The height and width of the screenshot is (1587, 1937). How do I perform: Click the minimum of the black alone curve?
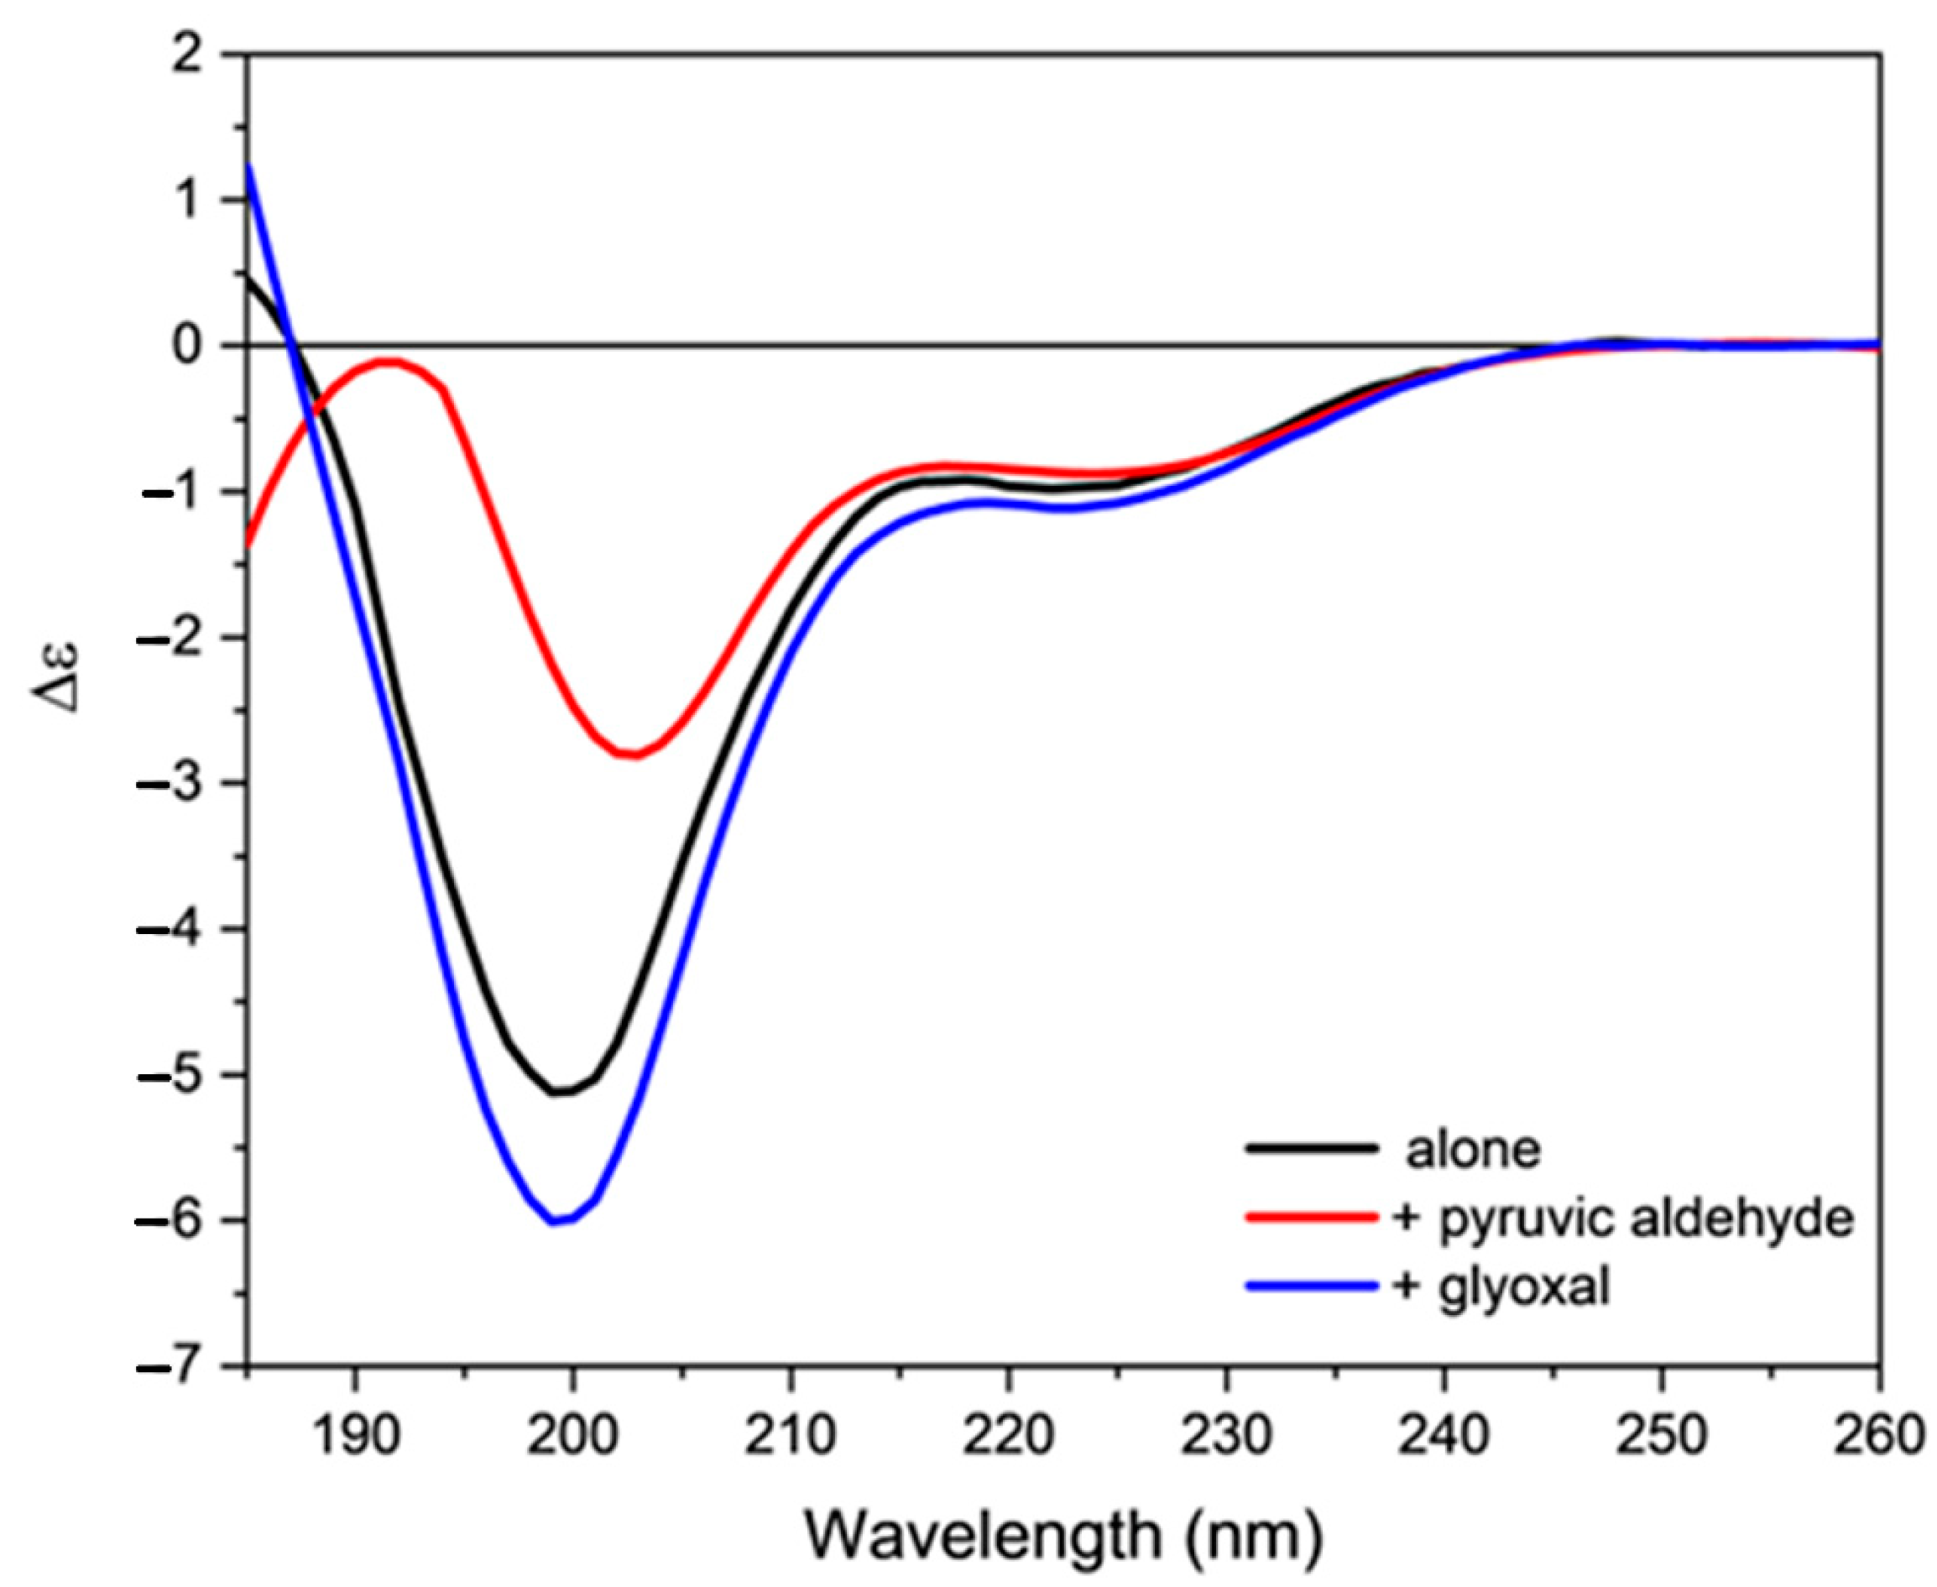pyautogui.click(x=560, y=1093)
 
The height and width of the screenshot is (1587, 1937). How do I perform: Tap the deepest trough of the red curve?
pyautogui.click(x=633, y=755)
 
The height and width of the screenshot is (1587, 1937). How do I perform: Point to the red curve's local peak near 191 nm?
pyautogui.click(x=388, y=362)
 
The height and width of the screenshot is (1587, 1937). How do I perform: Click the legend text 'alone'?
pyautogui.click(x=1473, y=1150)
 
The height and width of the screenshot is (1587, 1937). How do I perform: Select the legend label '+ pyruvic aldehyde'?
pyautogui.click(x=1622, y=1219)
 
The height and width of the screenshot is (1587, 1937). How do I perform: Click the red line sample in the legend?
pyautogui.click(x=1312, y=1218)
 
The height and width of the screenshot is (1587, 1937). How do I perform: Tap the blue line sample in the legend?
pyautogui.click(x=1312, y=1287)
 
